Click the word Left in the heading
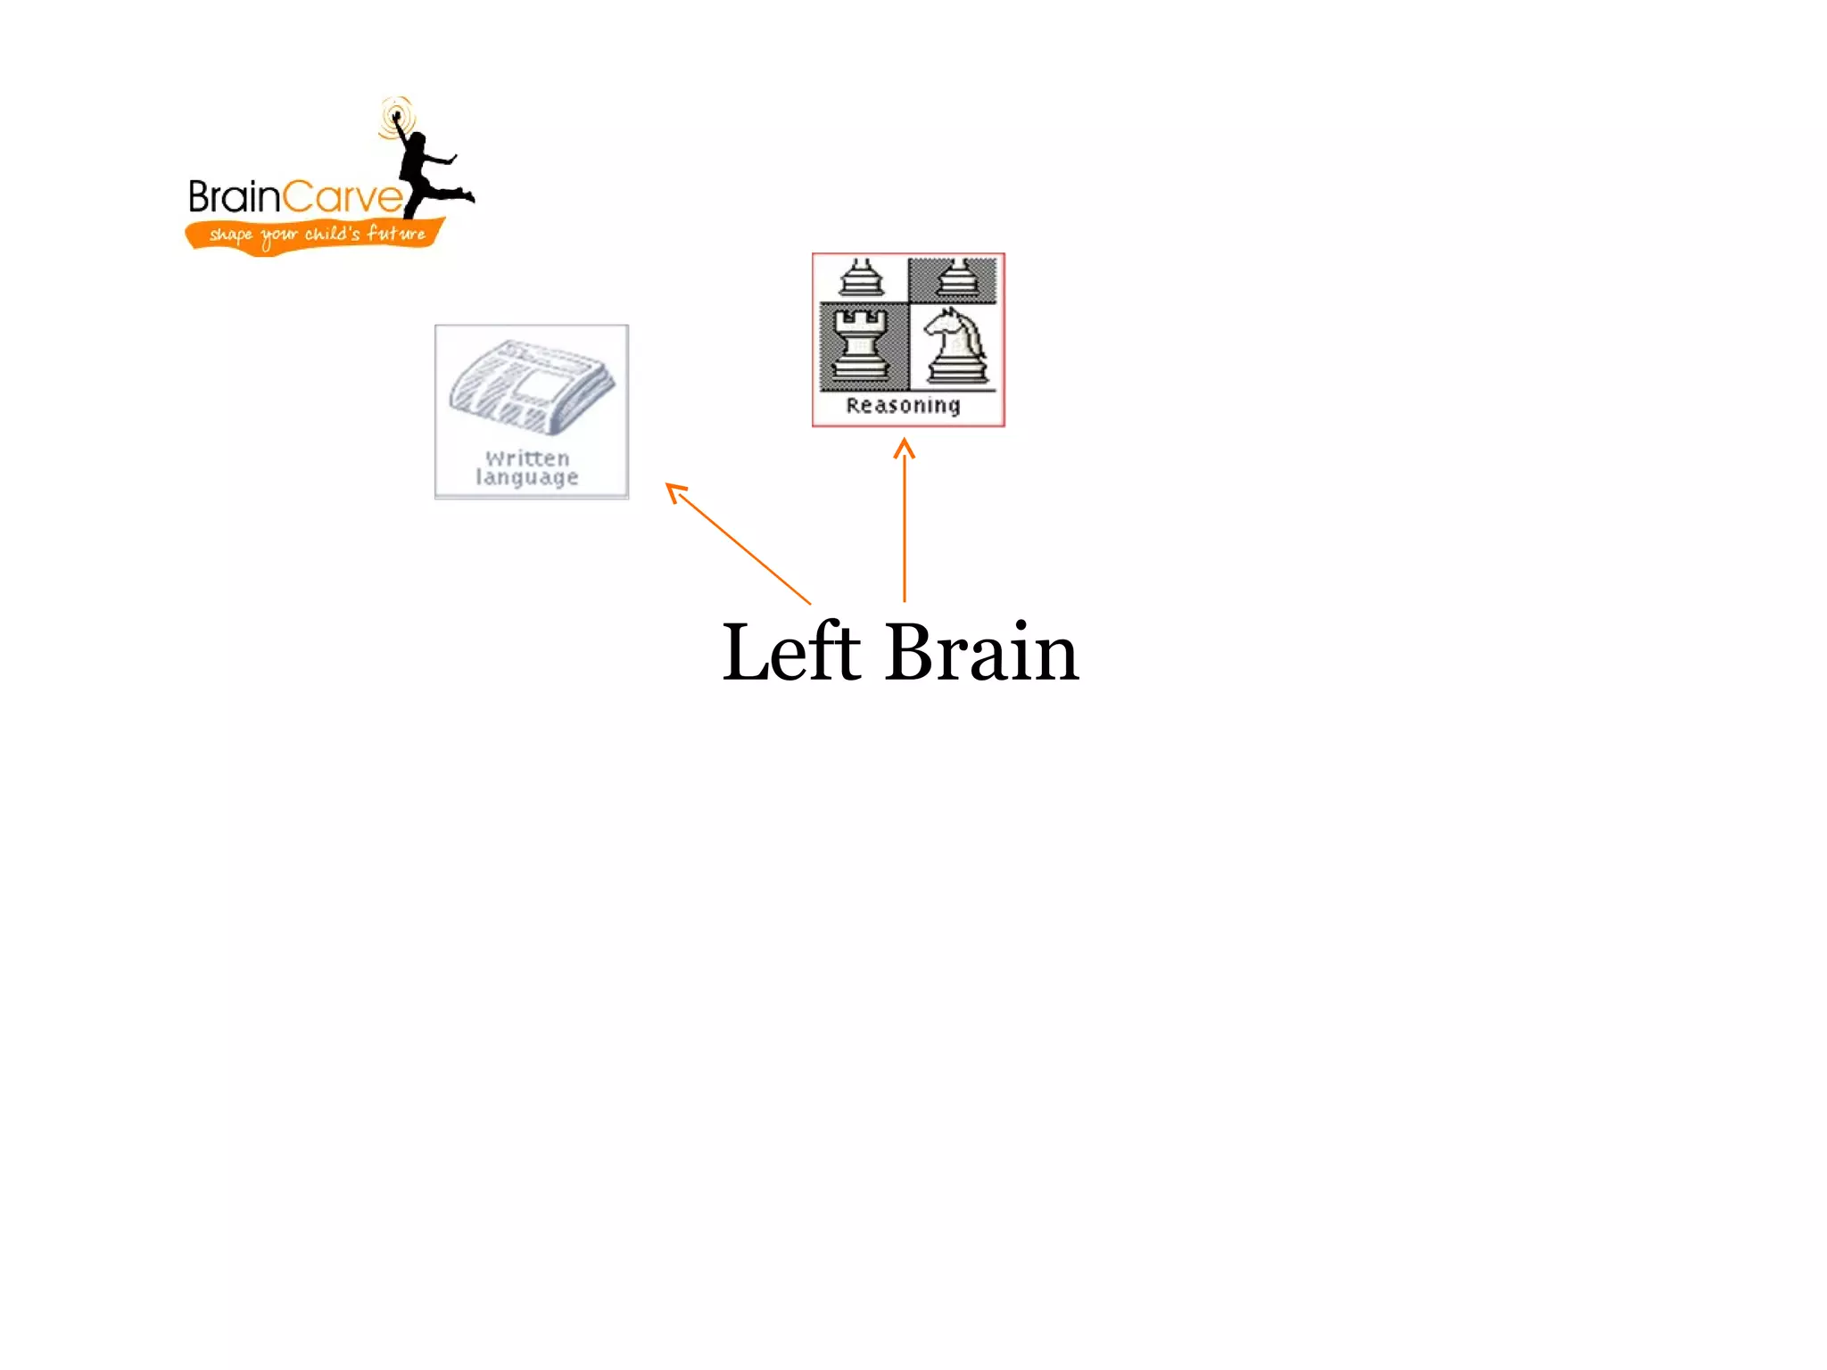pos(790,653)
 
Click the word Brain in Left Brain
pos(981,653)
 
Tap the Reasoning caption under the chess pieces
pos(903,406)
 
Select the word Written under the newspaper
pos(527,458)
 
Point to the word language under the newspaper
pos(526,478)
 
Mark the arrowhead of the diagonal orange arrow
pos(675,491)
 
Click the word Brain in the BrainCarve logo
pos(234,197)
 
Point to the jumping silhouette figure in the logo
pos(426,169)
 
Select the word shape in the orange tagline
pos(231,235)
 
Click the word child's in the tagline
pos(332,234)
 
